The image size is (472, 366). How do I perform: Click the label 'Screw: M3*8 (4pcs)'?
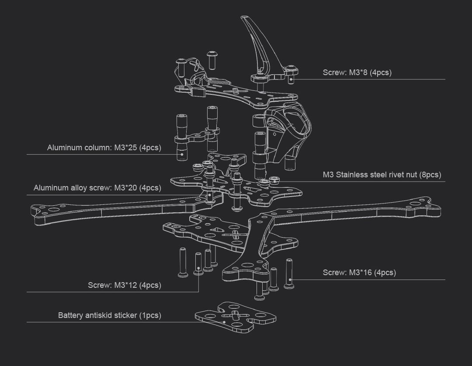(x=357, y=73)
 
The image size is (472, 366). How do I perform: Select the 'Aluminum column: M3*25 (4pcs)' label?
(x=104, y=148)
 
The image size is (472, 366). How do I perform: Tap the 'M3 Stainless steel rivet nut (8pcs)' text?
(x=382, y=175)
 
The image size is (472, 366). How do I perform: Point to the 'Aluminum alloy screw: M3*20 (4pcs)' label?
(x=97, y=188)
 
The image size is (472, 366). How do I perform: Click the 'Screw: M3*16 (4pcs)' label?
(x=359, y=273)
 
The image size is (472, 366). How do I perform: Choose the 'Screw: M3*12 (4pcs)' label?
(x=124, y=285)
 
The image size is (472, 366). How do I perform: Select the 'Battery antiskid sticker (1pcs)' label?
(x=109, y=315)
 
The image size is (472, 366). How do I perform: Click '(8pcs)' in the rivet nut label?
(x=430, y=175)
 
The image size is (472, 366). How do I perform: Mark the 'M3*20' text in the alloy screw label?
(x=125, y=188)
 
